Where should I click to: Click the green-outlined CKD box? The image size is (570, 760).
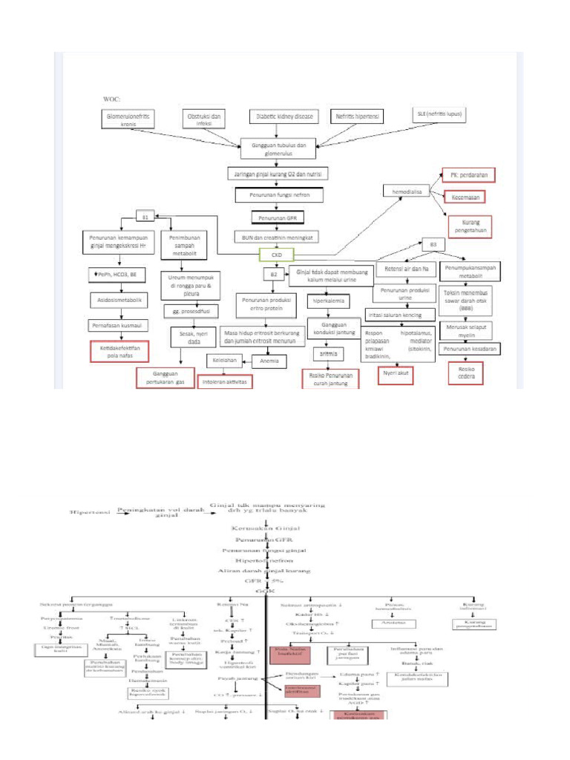point(276,255)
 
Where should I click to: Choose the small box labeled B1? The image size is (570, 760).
point(145,217)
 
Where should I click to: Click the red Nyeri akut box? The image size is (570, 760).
point(396,375)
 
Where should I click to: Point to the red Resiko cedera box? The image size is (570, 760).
point(466,373)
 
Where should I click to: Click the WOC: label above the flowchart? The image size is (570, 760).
point(111,98)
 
